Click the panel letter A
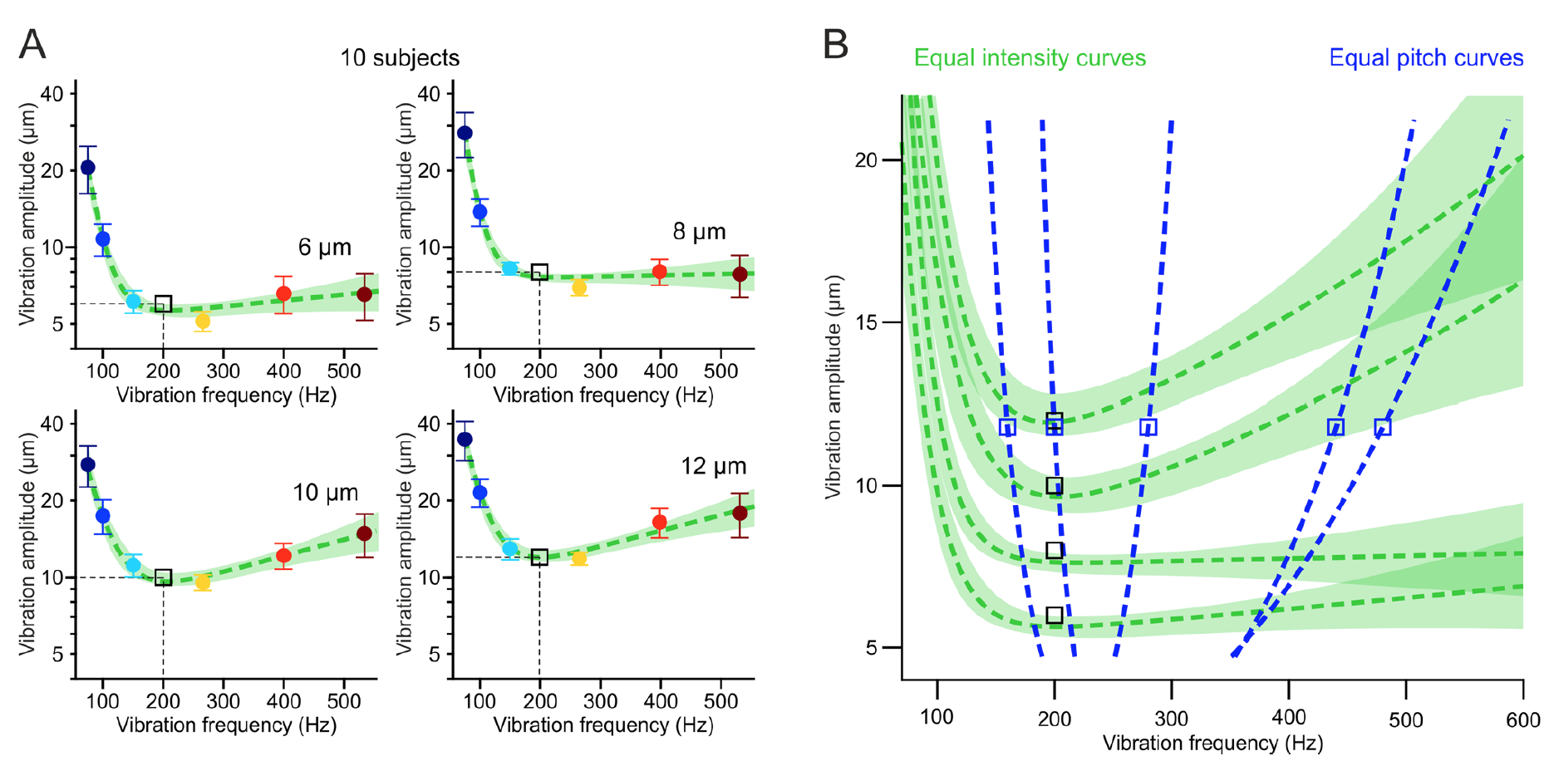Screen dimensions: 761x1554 [32, 44]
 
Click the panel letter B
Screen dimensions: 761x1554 [835, 44]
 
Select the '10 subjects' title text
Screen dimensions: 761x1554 [399, 58]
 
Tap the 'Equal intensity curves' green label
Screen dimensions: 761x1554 [1029, 58]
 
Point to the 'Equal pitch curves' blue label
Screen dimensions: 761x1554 [1425, 58]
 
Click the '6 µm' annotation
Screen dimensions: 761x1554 [324, 248]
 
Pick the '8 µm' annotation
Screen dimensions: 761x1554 [699, 232]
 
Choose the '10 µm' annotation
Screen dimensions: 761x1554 [325, 493]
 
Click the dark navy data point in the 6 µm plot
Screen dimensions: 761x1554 [87, 168]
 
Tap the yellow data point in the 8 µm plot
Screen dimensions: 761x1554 [579, 287]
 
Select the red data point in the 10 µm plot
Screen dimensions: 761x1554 [283, 556]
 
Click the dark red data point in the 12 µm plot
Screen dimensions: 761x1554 [740, 513]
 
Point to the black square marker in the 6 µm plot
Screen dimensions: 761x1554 [164, 304]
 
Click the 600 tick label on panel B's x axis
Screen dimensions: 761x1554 [1522, 719]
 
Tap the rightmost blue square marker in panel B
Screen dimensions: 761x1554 [1382, 427]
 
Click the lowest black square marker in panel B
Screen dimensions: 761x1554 [1054, 616]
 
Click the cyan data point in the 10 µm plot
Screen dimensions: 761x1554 [133, 566]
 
